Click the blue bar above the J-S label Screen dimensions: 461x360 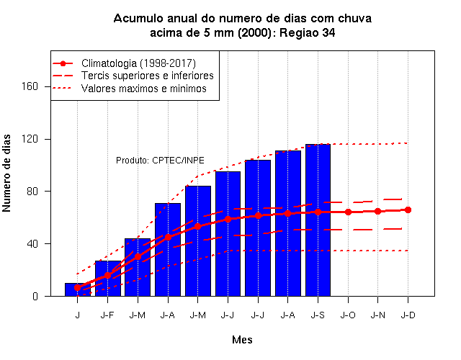pos(318,220)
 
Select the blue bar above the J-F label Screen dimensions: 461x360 pos(107,279)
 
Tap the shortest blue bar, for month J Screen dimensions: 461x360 pos(78,289)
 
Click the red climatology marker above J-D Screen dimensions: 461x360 pos(408,210)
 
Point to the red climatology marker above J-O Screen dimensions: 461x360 pos(348,212)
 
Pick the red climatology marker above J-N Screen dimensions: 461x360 pos(377,211)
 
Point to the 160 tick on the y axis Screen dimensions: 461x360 pos(30,86)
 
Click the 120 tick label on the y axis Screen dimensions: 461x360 pos(30,139)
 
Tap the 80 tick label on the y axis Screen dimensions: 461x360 pos(32,191)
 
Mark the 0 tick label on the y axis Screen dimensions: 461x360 pos(35,296)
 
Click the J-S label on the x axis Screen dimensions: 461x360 pos(318,315)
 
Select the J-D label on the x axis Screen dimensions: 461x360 pos(408,315)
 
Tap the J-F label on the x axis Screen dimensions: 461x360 pos(107,315)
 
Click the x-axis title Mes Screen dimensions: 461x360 pos(242,340)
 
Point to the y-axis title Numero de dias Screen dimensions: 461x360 pos(6,174)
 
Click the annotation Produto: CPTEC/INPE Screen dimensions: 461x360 pos(160,161)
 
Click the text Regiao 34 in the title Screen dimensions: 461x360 pos(307,32)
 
